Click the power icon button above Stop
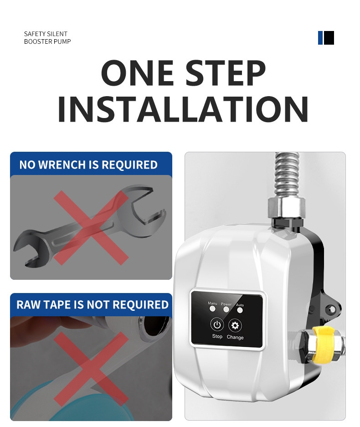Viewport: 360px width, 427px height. tap(217, 325)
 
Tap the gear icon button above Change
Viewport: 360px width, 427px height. tap(235, 325)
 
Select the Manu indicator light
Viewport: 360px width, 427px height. tap(212, 309)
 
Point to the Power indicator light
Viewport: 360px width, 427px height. tap(226, 309)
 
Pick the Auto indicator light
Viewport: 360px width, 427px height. tap(240, 310)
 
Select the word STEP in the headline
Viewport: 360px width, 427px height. tap(226, 73)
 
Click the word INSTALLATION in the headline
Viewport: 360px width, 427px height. tap(183, 109)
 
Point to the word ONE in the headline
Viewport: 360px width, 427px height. tap(137, 73)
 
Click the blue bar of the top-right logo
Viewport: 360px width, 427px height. tap(320, 37)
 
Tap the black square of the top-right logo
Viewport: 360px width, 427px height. tap(329, 37)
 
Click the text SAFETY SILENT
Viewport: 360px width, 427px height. tap(46, 34)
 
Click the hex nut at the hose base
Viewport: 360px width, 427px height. tap(287, 207)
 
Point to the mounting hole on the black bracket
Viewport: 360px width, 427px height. tap(331, 309)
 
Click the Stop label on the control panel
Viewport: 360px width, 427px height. tap(217, 336)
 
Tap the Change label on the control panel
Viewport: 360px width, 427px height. tap(235, 337)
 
